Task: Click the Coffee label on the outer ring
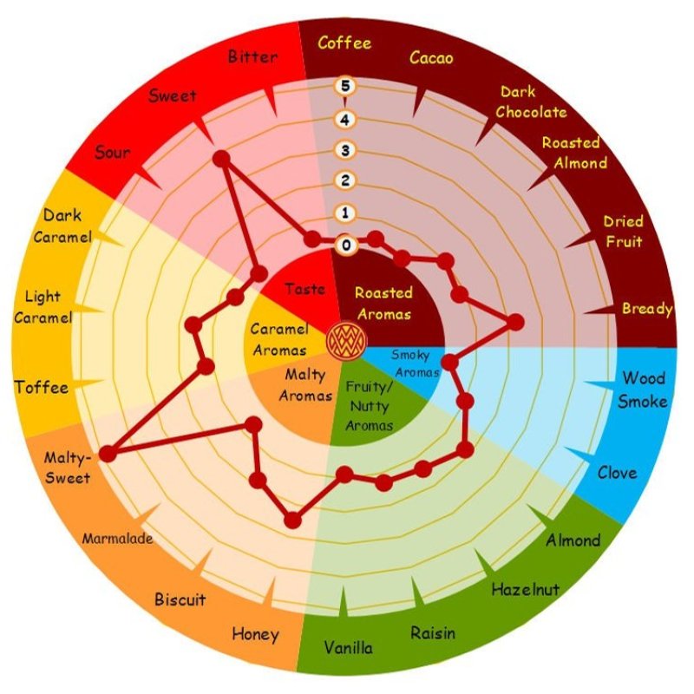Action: click(x=344, y=43)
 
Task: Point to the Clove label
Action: click(x=617, y=473)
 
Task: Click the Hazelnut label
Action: click(x=527, y=590)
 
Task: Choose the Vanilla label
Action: click(x=349, y=648)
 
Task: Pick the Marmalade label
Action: click(x=118, y=539)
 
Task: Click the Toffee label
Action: click(x=41, y=387)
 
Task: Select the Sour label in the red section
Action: click(x=113, y=153)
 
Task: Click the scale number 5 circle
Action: click(x=346, y=87)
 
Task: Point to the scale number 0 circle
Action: click(x=346, y=246)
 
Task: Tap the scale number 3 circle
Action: click(x=346, y=150)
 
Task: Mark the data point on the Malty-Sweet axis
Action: click(x=108, y=454)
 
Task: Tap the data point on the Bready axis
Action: click(x=515, y=323)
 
